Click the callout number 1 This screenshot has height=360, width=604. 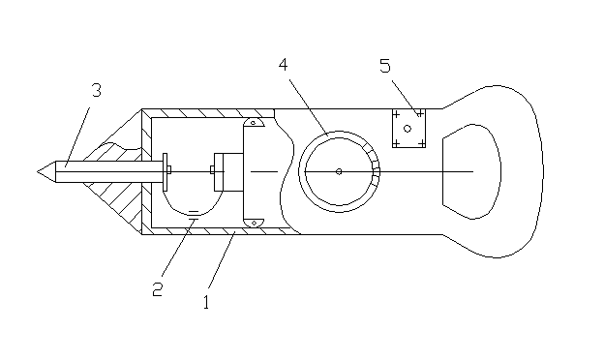click(206, 302)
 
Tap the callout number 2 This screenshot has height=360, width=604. click(158, 288)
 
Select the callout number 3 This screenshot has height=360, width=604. click(96, 90)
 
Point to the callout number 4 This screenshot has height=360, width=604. click(283, 64)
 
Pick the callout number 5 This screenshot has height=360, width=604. click(385, 66)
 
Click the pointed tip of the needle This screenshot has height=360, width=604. click(38, 171)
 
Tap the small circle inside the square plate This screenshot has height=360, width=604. click(408, 129)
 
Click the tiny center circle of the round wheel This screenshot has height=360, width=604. click(339, 171)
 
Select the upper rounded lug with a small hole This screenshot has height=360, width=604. click(254, 122)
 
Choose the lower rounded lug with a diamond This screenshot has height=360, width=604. click(254, 223)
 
